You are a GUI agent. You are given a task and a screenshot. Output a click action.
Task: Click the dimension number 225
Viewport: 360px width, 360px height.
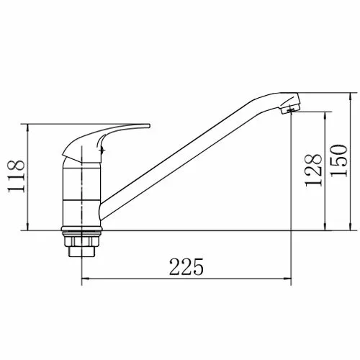pyautogui.click(x=186, y=266)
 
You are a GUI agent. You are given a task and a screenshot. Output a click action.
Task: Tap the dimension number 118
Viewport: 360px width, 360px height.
pyautogui.click(x=16, y=176)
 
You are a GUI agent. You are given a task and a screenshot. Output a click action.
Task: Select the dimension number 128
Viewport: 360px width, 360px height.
pyautogui.click(x=313, y=170)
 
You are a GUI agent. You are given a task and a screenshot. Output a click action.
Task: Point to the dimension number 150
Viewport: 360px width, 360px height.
pyautogui.click(x=339, y=161)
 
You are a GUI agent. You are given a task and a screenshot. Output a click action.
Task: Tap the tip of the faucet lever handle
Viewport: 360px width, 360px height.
pyautogui.click(x=148, y=126)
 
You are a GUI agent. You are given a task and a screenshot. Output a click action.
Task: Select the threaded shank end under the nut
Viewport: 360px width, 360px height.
pyautogui.click(x=81, y=252)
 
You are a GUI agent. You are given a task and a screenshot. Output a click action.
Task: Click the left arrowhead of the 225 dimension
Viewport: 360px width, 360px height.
pyautogui.click(x=86, y=279)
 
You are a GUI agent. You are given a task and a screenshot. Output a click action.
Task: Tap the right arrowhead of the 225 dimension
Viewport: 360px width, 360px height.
pyautogui.click(x=287, y=279)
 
